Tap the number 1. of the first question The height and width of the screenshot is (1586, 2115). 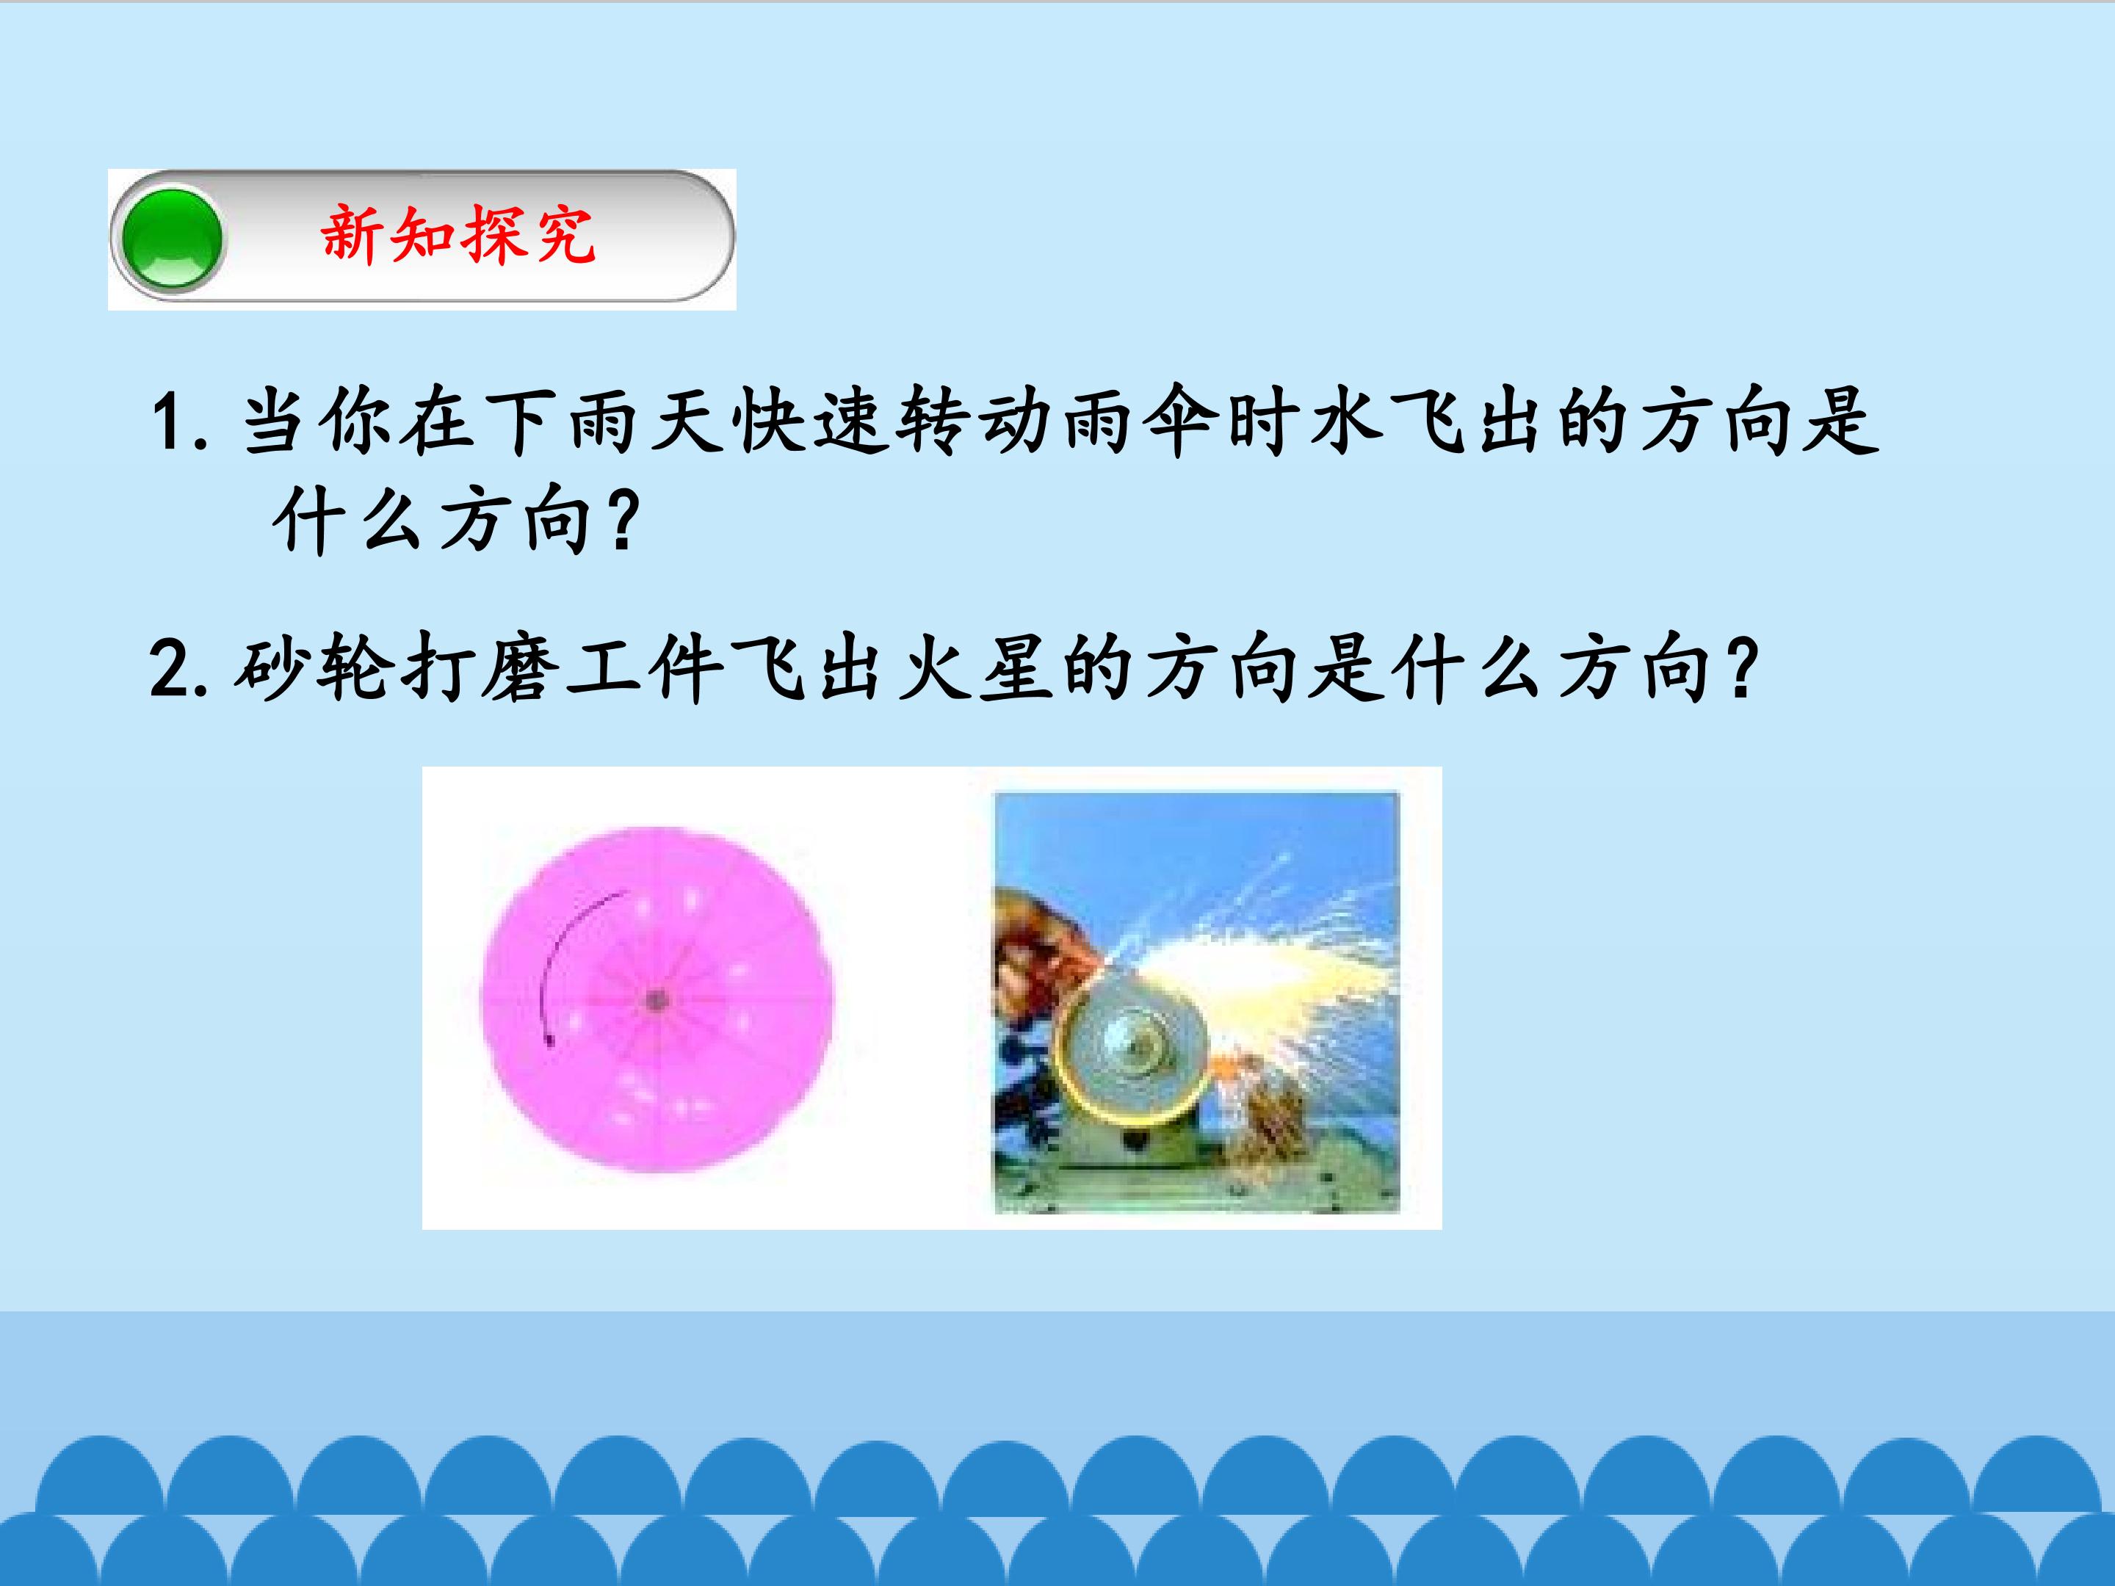point(180,421)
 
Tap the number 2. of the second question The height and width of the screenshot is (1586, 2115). point(178,669)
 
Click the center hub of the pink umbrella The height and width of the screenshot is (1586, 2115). point(656,1001)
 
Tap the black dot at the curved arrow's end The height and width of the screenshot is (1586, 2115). point(550,1041)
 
